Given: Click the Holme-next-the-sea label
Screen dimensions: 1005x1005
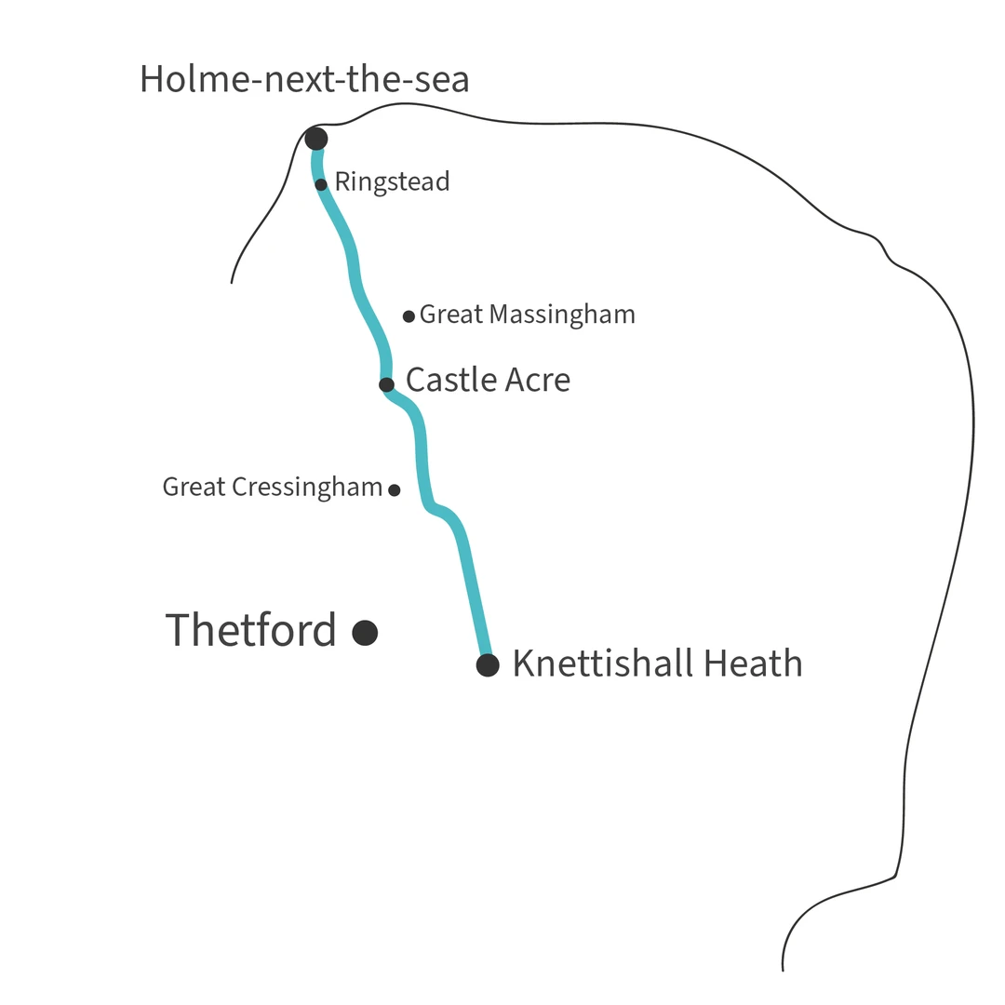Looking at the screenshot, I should (x=304, y=80).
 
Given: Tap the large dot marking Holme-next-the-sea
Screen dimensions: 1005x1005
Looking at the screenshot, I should (x=316, y=140).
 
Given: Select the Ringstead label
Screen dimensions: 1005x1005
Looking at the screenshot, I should (x=392, y=181).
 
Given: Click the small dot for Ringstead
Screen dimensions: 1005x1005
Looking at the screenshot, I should (x=321, y=184).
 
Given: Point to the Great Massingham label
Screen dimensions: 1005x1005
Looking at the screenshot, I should (x=527, y=315).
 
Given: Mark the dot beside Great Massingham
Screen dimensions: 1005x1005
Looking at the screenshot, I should (x=409, y=316).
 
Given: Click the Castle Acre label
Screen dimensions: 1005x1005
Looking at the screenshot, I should (x=488, y=380).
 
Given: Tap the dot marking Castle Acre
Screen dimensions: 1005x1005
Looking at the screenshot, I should (x=386, y=384).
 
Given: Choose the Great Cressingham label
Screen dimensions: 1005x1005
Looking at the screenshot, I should (x=272, y=487).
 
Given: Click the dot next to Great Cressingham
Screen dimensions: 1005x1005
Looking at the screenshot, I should (x=395, y=489).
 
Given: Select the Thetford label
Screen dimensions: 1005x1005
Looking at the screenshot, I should (x=250, y=630).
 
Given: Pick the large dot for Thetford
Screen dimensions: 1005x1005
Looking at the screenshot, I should (x=365, y=633).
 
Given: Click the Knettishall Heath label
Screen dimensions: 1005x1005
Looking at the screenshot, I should (x=657, y=663).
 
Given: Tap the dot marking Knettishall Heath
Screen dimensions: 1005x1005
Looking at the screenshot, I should (x=488, y=665).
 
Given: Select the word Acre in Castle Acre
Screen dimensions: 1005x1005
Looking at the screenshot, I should (x=538, y=380).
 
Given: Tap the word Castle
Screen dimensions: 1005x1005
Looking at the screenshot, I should (x=451, y=380).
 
